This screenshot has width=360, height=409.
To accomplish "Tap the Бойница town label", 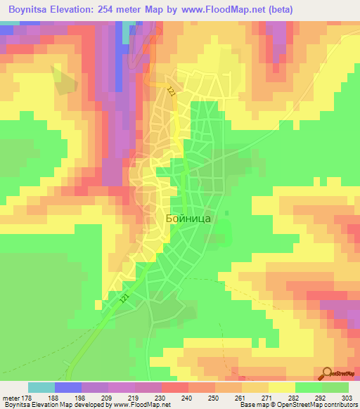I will (x=188, y=219).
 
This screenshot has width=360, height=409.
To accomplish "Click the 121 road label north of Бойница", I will (x=172, y=91).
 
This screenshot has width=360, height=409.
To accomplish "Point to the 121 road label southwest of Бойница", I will (x=124, y=299).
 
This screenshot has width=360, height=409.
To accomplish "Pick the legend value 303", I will (x=348, y=398).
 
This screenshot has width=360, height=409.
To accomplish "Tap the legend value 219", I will (x=134, y=398).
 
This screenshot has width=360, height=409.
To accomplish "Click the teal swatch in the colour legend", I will (x=41, y=387).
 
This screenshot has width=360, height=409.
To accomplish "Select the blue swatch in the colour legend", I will (x=68, y=387).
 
